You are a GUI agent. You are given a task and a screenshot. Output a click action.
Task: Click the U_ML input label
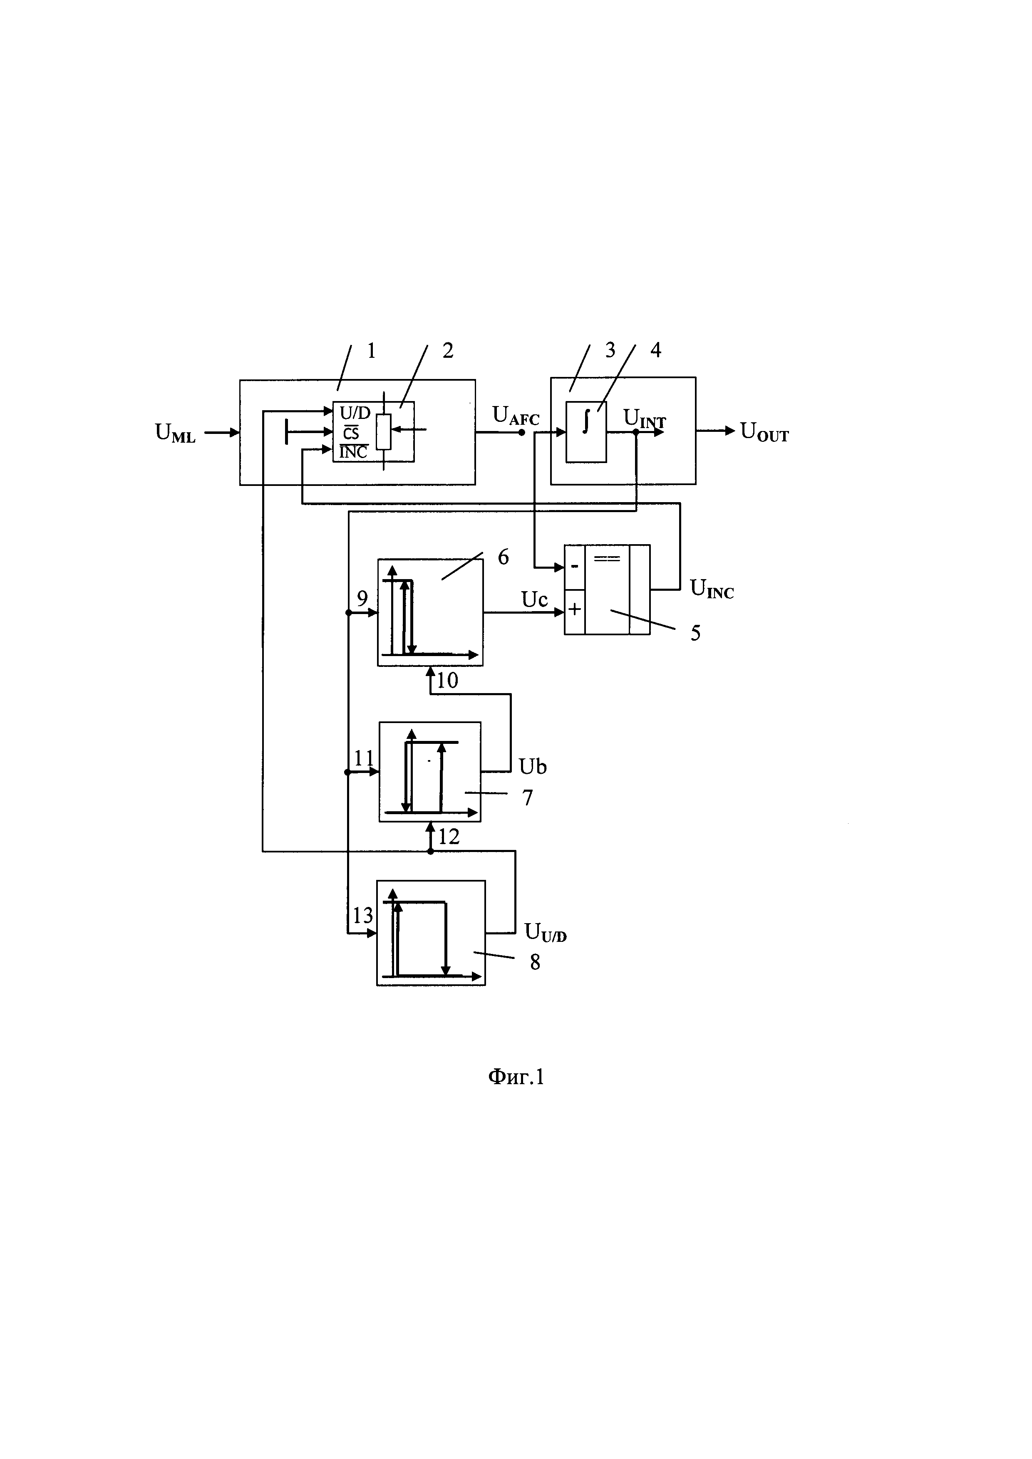(x=175, y=433)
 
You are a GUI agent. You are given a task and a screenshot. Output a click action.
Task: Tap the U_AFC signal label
(x=515, y=416)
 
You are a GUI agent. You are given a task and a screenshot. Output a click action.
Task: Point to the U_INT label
(x=644, y=419)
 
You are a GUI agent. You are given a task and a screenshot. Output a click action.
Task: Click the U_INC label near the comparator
(x=711, y=589)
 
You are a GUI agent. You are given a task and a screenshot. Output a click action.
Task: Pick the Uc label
(x=534, y=599)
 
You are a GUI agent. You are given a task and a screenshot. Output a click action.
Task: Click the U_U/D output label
(x=545, y=932)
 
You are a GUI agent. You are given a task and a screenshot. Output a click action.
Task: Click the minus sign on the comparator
(x=574, y=565)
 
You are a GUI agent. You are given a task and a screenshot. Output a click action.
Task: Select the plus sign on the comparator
(x=574, y=609)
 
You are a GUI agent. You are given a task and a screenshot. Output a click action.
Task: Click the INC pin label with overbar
(x=353, y=453)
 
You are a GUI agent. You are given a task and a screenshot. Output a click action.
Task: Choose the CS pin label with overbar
(x=351, y=433)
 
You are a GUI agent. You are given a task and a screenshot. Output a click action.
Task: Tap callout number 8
(x=535, y=962)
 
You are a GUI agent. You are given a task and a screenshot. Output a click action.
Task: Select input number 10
(x=447, y=681)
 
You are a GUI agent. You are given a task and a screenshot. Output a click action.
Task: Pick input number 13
(x=363, y=916)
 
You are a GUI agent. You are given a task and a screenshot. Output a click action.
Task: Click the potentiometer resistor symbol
(x=383, y=432)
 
